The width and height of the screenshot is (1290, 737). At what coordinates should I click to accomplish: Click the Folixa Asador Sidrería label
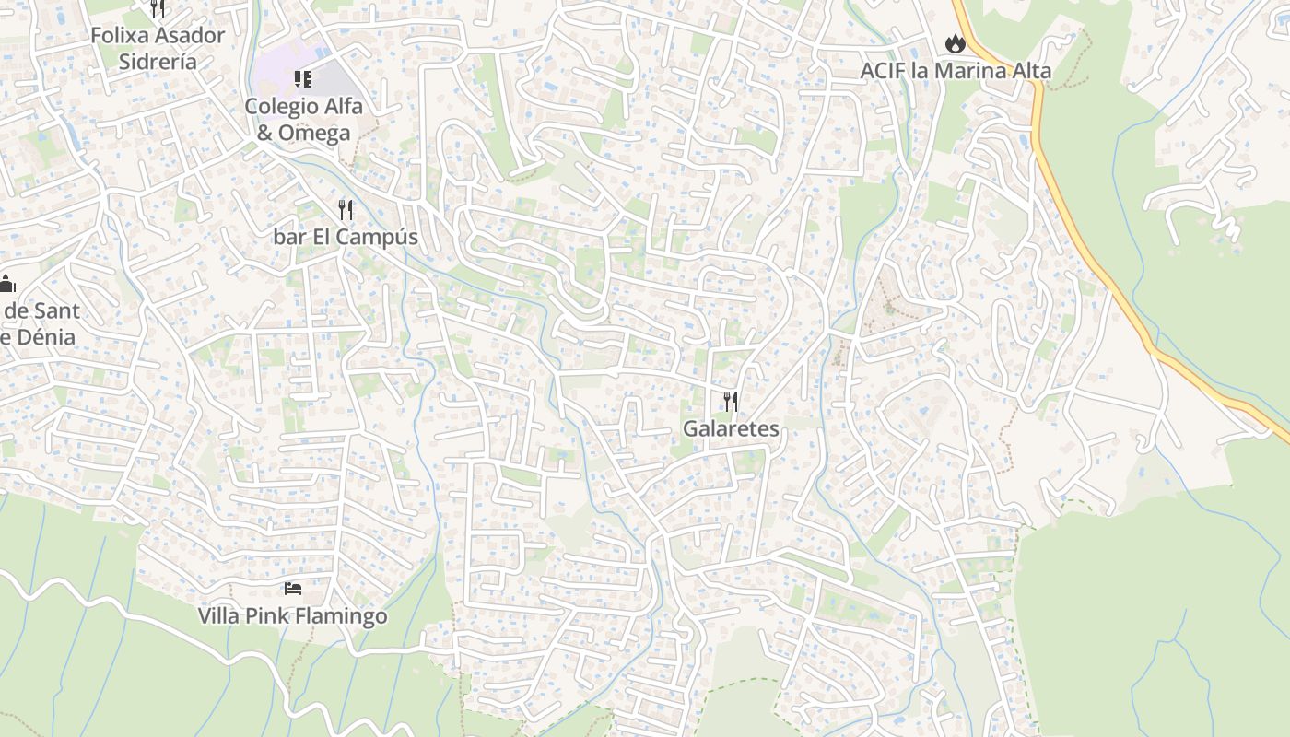[x=158, y=49]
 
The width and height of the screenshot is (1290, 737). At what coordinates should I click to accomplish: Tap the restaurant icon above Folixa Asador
[x=158, y=9]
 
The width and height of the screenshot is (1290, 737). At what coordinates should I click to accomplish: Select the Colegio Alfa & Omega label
[x=303, y=119]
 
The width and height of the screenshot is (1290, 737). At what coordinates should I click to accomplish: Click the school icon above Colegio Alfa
[x=303, y=79]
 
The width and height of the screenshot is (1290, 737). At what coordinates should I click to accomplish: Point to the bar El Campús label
[x=346, y=237]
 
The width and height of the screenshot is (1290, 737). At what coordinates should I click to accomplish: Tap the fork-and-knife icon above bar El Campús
[x=346, y=209]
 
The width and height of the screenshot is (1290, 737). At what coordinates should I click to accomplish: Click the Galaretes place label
[x=731, y=428]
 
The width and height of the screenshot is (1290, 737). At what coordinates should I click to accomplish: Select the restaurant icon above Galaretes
[x=731, y=401]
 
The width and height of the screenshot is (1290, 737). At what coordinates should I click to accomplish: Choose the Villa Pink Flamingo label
[x=293, y=615]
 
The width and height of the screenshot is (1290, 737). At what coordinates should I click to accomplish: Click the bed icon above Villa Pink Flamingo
[x=293, y=588]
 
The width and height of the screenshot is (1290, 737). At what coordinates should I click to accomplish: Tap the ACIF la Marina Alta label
[x=956, y=71]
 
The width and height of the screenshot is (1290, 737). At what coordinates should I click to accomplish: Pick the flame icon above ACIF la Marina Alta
[x=955, y=43]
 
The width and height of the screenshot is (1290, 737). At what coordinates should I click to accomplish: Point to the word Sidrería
[x=158, y=62]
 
